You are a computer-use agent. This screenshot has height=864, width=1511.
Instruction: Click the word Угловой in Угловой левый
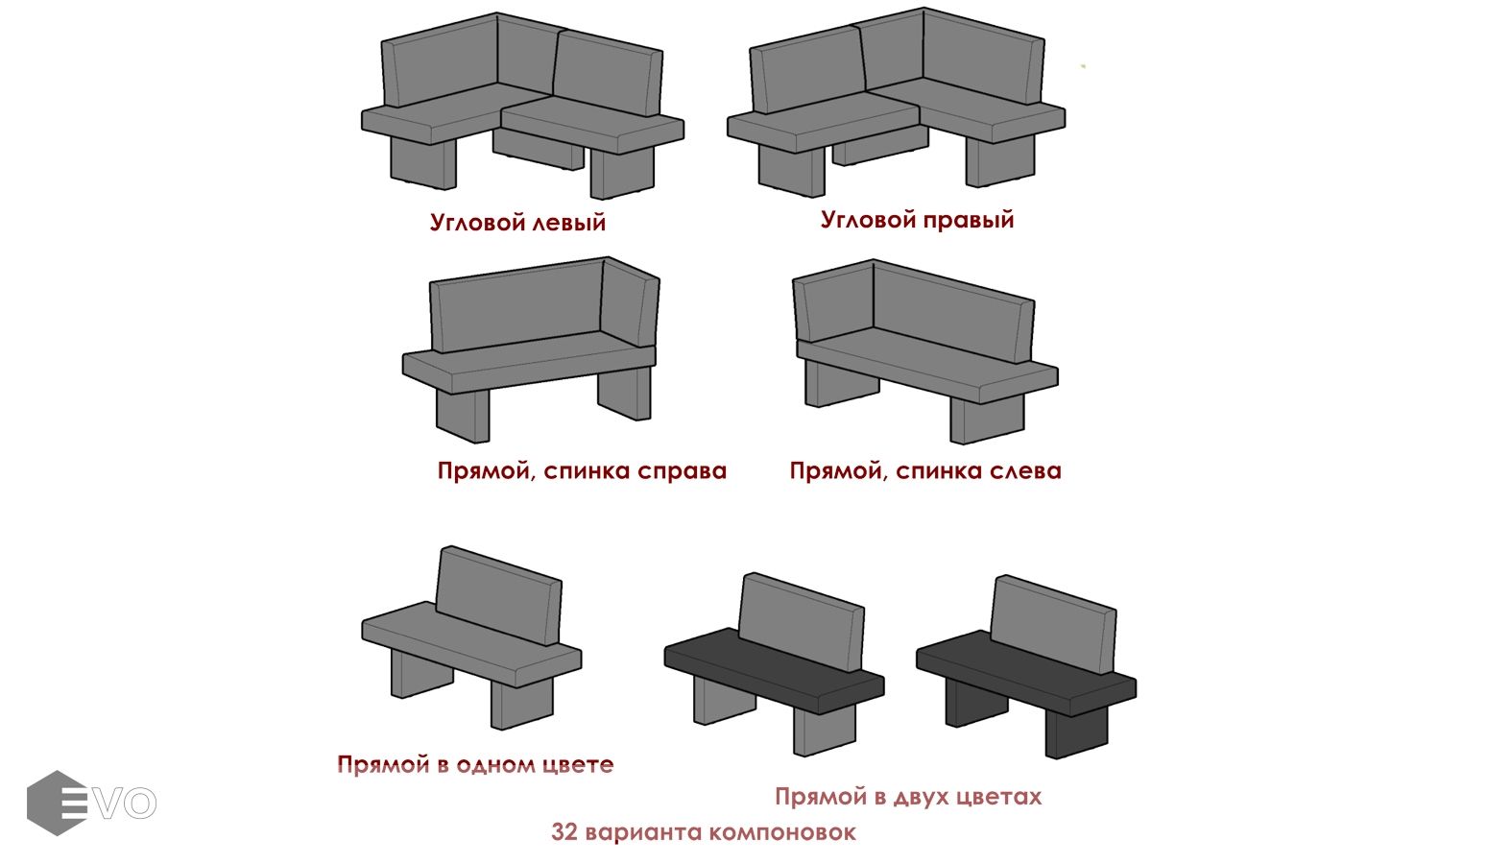click(x=478, y=222)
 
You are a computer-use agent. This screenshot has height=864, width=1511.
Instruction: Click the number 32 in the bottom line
click(x=564, y=832)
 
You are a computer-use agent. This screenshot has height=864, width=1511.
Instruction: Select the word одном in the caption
click(x=495, y=765)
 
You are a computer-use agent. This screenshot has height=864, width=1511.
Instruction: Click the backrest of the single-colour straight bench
click(x=498, y=595)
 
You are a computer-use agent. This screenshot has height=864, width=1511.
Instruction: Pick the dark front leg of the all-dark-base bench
click(x=1076, y=732)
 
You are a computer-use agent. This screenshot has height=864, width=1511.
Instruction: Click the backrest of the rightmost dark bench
click(x=1053, y=624)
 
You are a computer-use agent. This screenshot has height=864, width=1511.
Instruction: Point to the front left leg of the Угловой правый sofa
click(x=791, y=170)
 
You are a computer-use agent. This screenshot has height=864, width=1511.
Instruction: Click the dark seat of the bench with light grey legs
click(x=774, y=671)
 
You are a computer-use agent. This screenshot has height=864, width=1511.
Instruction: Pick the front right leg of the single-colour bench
click(x=521, y=704)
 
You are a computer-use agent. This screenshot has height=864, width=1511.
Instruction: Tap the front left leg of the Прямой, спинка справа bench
click(x=462, y=416)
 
